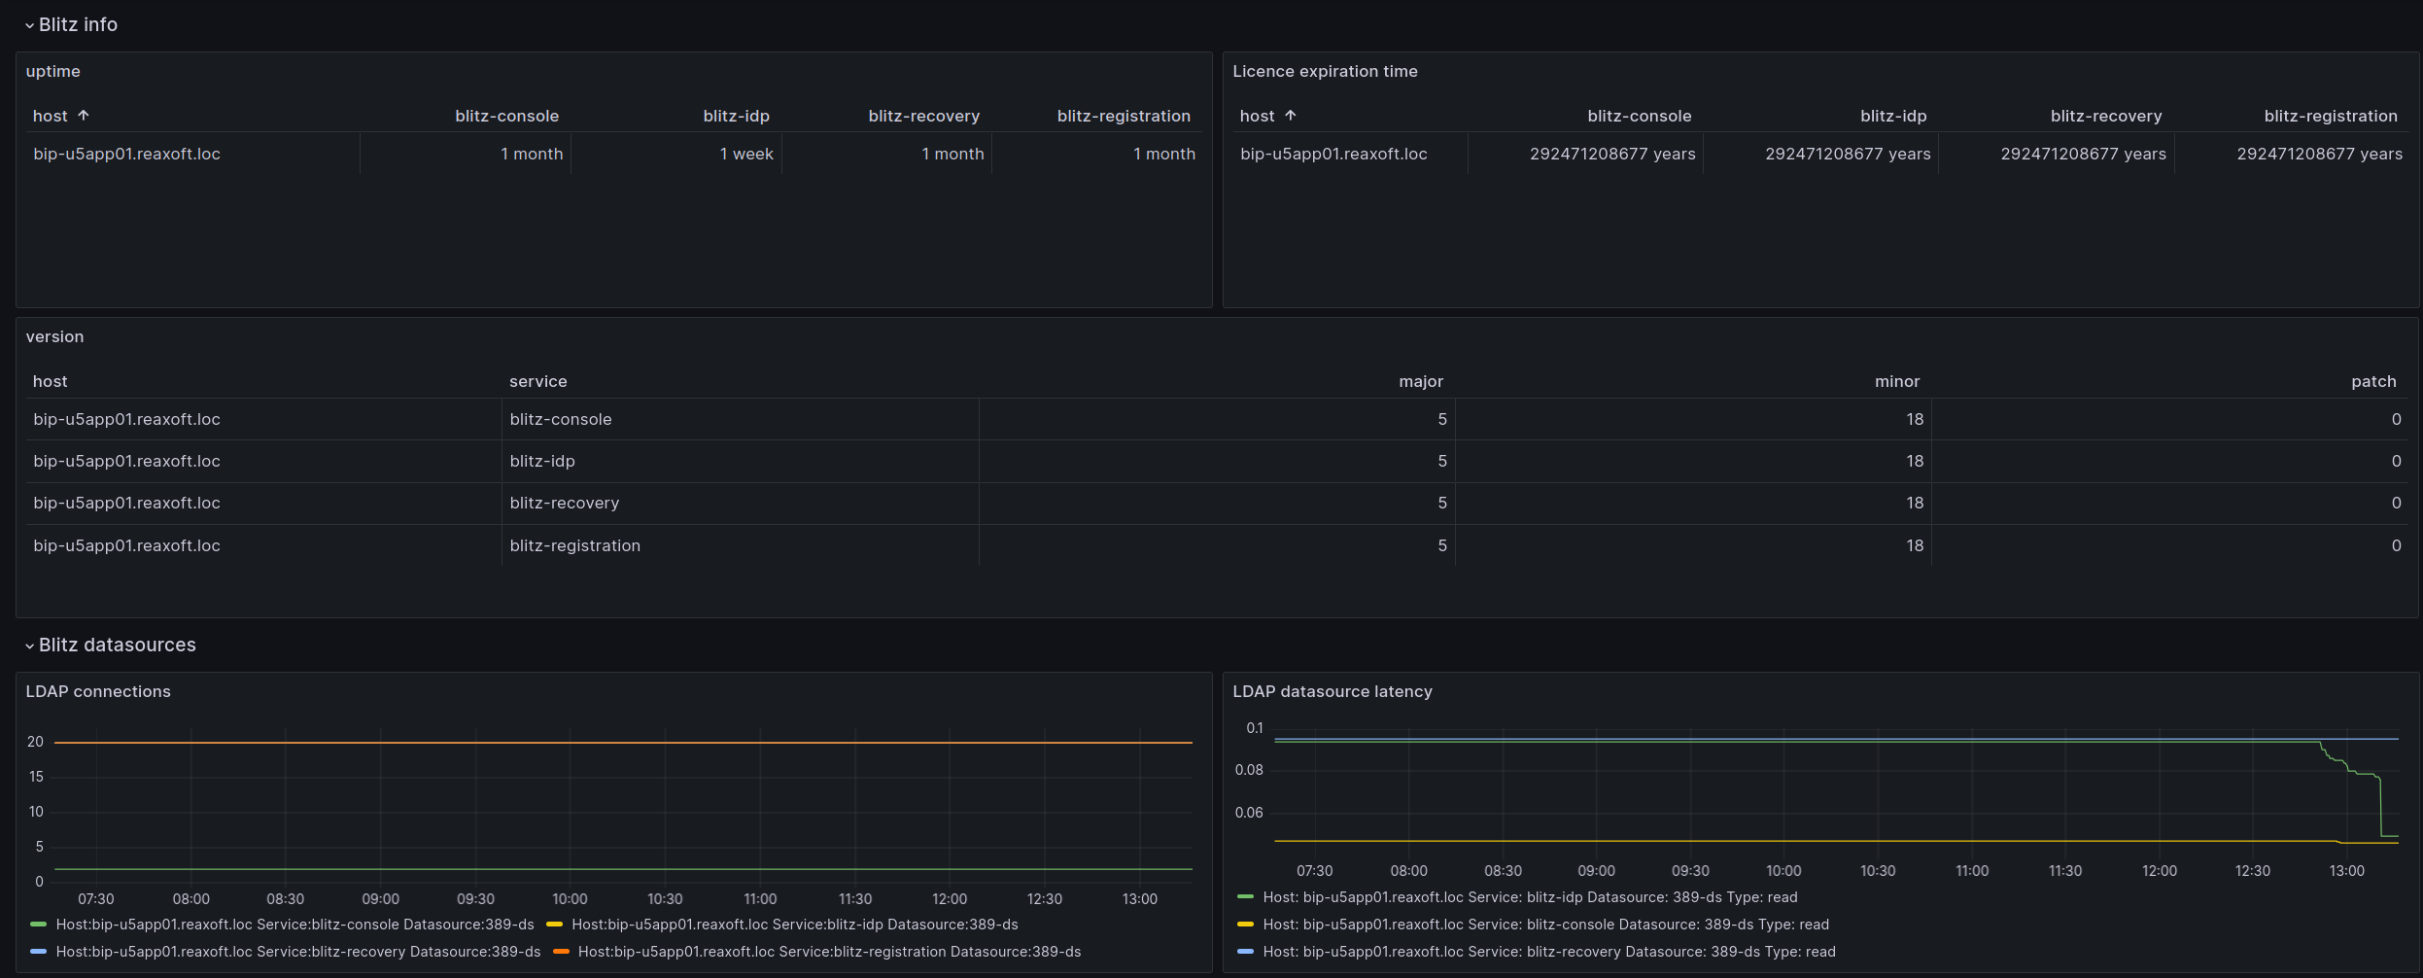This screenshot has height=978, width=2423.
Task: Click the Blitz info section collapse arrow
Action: [x=29, y=25]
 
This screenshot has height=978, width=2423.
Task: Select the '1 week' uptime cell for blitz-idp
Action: [x=745, y=154]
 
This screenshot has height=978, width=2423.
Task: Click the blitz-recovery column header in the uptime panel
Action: [x=923, y=116]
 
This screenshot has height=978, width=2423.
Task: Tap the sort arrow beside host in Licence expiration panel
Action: [x=1291, y=116]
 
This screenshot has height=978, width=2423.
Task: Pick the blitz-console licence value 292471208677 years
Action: [x=1611, y=154]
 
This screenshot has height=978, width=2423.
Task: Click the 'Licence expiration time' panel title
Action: [x=1325, y=71]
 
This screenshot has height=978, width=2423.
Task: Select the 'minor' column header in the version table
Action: [x=1896, y=381]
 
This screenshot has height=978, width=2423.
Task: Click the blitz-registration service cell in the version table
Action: [x=574, y=545]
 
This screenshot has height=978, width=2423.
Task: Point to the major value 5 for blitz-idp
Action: [x=1442, y=461]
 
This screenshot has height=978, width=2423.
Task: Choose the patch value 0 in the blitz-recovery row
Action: [x=2396, y=503]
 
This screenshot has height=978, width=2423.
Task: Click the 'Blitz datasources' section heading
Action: [x=117, y=645]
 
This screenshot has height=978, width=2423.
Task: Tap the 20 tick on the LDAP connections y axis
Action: [x=36, y=742]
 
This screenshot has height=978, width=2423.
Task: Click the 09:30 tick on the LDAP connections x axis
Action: [x=475, y=899]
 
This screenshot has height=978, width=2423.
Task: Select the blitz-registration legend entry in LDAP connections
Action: [x=828, y=952]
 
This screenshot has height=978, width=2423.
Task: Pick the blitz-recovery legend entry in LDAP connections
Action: [x=297, y=952]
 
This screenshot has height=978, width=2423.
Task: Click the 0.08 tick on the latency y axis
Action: [x=1249, y=770]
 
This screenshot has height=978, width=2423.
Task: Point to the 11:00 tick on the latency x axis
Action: [x=1971, y=871]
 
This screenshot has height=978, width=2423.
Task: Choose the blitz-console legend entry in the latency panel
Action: [x=1545, y=925]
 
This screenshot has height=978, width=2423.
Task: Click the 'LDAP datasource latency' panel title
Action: [x=1333, y=691]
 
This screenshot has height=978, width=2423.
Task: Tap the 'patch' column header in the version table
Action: [x=2373, y=381]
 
